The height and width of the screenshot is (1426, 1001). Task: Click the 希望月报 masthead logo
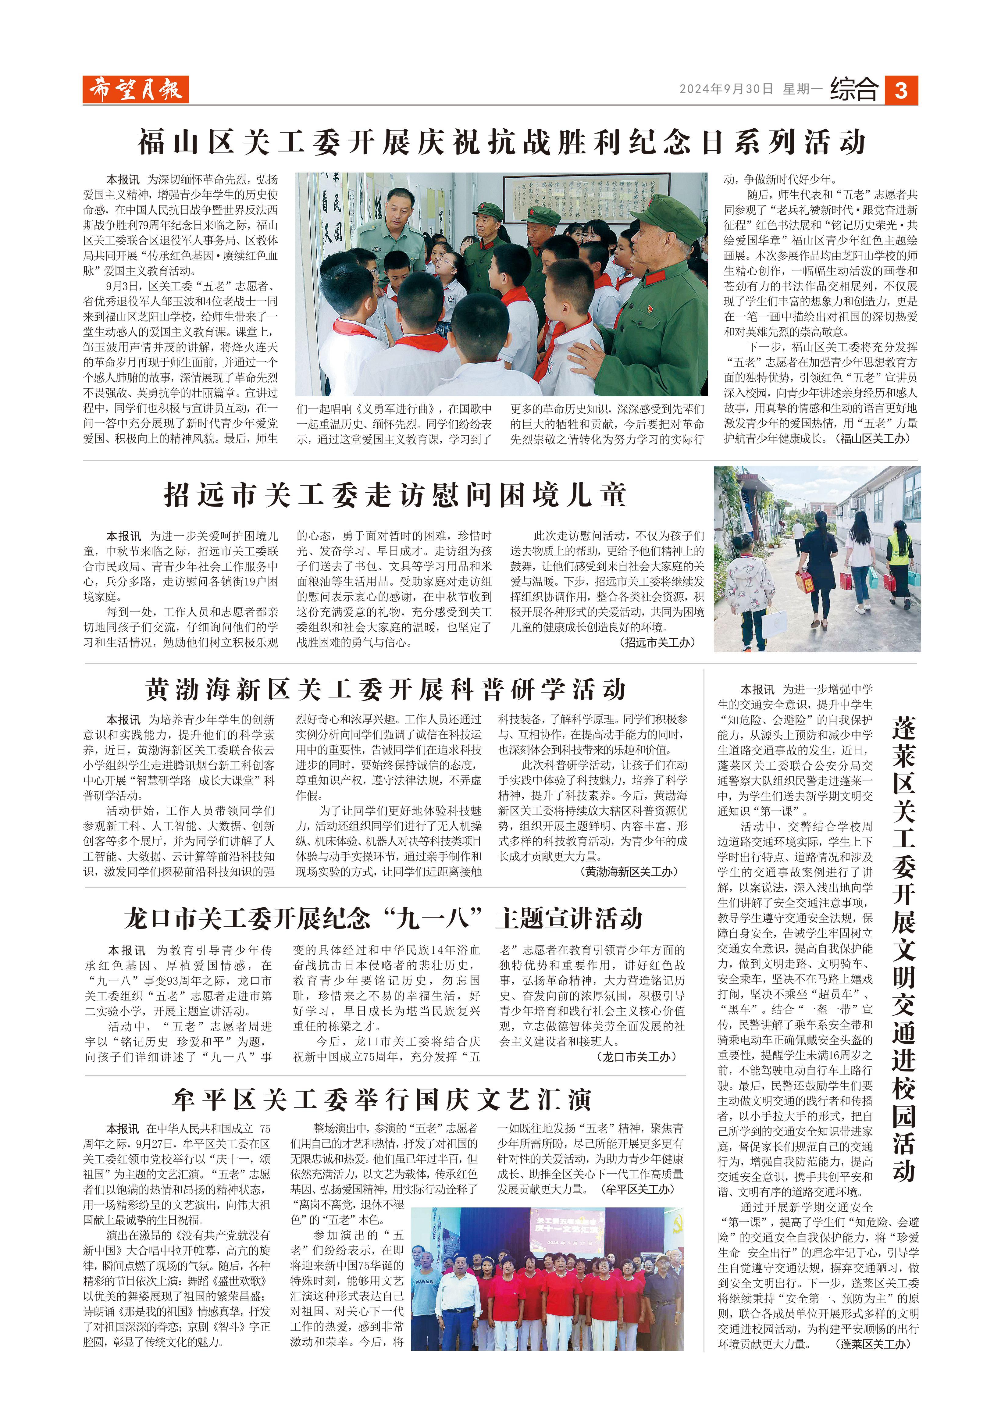(135, 90)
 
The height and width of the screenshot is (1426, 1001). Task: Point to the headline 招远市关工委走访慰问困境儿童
(395, 495)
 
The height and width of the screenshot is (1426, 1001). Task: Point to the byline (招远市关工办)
(658, 643)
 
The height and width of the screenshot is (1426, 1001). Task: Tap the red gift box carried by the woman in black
(805, 582)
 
